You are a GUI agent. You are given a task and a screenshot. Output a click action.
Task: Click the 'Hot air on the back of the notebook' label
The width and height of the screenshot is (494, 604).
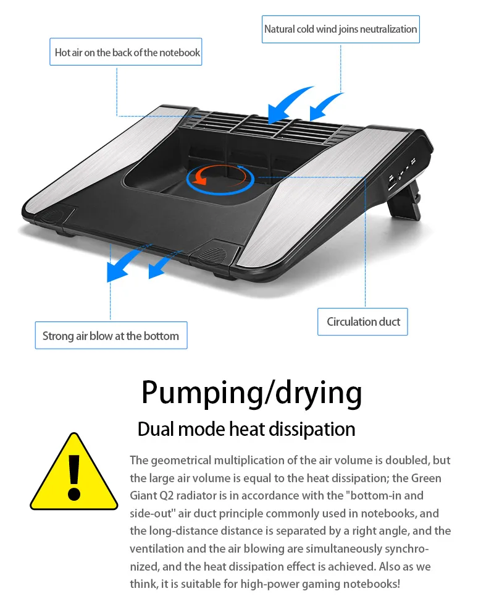127,53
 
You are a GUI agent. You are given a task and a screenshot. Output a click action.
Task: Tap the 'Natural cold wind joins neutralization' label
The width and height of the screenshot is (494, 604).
340,29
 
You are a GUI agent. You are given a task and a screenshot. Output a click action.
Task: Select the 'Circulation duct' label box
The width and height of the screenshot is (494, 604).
363,321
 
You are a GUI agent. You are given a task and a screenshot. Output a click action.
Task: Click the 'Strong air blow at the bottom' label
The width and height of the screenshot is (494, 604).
111,336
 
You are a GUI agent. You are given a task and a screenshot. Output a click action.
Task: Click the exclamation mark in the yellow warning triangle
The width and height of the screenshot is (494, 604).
74,476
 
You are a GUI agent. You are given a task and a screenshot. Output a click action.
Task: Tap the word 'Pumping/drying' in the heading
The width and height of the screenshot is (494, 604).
251,392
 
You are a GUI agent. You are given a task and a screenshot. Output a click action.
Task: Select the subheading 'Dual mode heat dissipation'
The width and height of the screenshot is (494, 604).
246,428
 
